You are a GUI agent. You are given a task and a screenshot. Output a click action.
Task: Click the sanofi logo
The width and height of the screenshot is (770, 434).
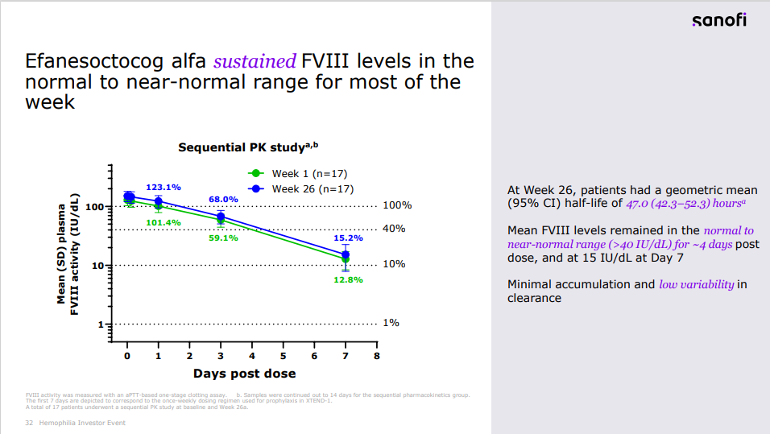click(718, 20)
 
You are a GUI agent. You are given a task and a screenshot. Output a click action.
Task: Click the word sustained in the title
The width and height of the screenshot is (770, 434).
click(255, 61)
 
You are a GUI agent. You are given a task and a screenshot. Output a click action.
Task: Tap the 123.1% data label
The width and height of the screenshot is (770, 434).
click(163, 188)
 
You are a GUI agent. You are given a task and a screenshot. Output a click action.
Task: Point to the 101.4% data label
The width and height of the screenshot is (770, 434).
click(164, 222)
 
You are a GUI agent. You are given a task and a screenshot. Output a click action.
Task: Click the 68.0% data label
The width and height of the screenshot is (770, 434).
click(223, 199)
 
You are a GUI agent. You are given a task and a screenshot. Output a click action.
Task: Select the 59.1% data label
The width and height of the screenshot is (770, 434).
click(223, 238)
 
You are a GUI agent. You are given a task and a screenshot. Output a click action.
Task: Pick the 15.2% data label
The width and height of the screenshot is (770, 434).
click(348, 238)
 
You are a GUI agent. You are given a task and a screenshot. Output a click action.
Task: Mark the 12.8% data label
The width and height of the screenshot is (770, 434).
click(348, 279)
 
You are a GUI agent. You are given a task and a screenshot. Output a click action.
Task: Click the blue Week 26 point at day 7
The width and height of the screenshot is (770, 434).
click(346, 254)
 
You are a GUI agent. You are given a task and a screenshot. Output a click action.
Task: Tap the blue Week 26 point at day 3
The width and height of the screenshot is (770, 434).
click(221, 217)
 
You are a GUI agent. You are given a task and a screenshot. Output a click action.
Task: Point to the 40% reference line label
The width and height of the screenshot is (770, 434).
click(394, 229)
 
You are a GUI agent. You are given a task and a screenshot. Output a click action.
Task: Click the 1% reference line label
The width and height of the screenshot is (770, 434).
click(391, 323)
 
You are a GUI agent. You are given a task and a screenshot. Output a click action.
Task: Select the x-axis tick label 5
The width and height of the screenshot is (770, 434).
click(283, 356)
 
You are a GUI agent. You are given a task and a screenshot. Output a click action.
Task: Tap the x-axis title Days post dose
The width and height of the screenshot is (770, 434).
click(244, 374)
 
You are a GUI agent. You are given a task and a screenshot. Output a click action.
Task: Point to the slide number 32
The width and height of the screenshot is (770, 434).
click(29, 423)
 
